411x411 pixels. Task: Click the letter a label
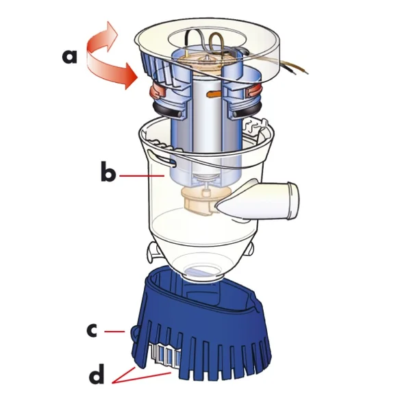69,55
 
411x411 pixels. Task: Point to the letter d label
98,375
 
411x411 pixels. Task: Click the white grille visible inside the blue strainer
162,356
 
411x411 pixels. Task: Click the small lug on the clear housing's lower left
150,255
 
